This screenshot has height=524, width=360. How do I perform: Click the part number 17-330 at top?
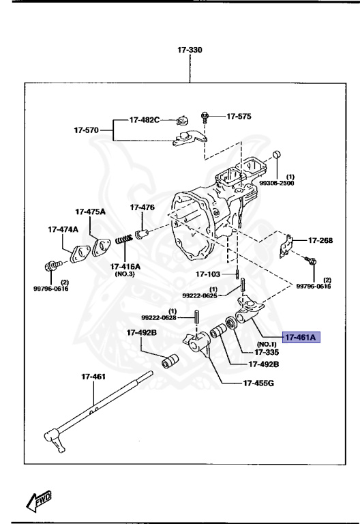[x=189, y=50]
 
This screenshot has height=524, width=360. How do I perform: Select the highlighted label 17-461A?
[x=301, y=336]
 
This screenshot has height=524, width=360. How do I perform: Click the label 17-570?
[x=87, y=128]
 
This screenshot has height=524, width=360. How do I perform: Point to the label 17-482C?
[x=145, y=120]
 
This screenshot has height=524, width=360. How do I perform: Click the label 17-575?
[x=239, y=117]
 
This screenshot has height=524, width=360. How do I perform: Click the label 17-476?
[x=142, y=207]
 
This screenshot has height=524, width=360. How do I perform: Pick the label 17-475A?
[x=90, y=212]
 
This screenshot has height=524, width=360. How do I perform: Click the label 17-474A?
[x=63, y=229]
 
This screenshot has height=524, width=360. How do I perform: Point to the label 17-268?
[x=320, y=240]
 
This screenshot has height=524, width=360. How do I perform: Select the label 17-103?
[x=209, y=274]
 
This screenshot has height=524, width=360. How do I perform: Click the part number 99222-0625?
[x=199, y=295]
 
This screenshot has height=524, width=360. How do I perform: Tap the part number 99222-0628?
[x=159, y=317]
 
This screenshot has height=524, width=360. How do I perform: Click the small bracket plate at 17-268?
[x=289, y=244]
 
